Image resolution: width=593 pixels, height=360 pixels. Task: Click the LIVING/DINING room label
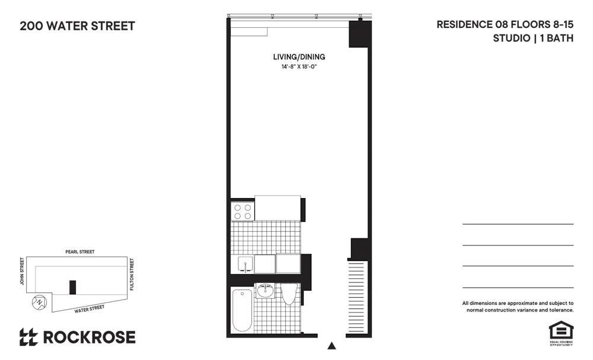pos(299,57)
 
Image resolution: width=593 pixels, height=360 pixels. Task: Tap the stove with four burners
pos(242,212)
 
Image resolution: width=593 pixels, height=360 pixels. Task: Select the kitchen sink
pos(245,264)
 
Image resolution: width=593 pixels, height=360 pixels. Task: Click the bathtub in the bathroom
pos(242,310)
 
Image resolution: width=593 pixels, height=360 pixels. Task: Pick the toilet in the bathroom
pos(289,294)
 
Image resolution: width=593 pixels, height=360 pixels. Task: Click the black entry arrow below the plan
pos(332,346)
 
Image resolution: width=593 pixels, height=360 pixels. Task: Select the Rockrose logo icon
pos(28,337)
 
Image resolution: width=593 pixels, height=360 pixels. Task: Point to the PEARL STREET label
pos(80,252)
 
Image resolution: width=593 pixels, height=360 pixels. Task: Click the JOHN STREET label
pos(22,270)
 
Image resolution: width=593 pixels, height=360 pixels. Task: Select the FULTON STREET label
pos(132,273)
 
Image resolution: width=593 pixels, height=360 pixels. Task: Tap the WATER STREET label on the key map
pos(89,308)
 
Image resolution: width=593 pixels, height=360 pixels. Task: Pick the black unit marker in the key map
pos(72,287)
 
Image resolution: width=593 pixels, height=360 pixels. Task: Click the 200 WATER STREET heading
pos(77,26)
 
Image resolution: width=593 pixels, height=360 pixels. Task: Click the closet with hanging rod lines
pos(357,297)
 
